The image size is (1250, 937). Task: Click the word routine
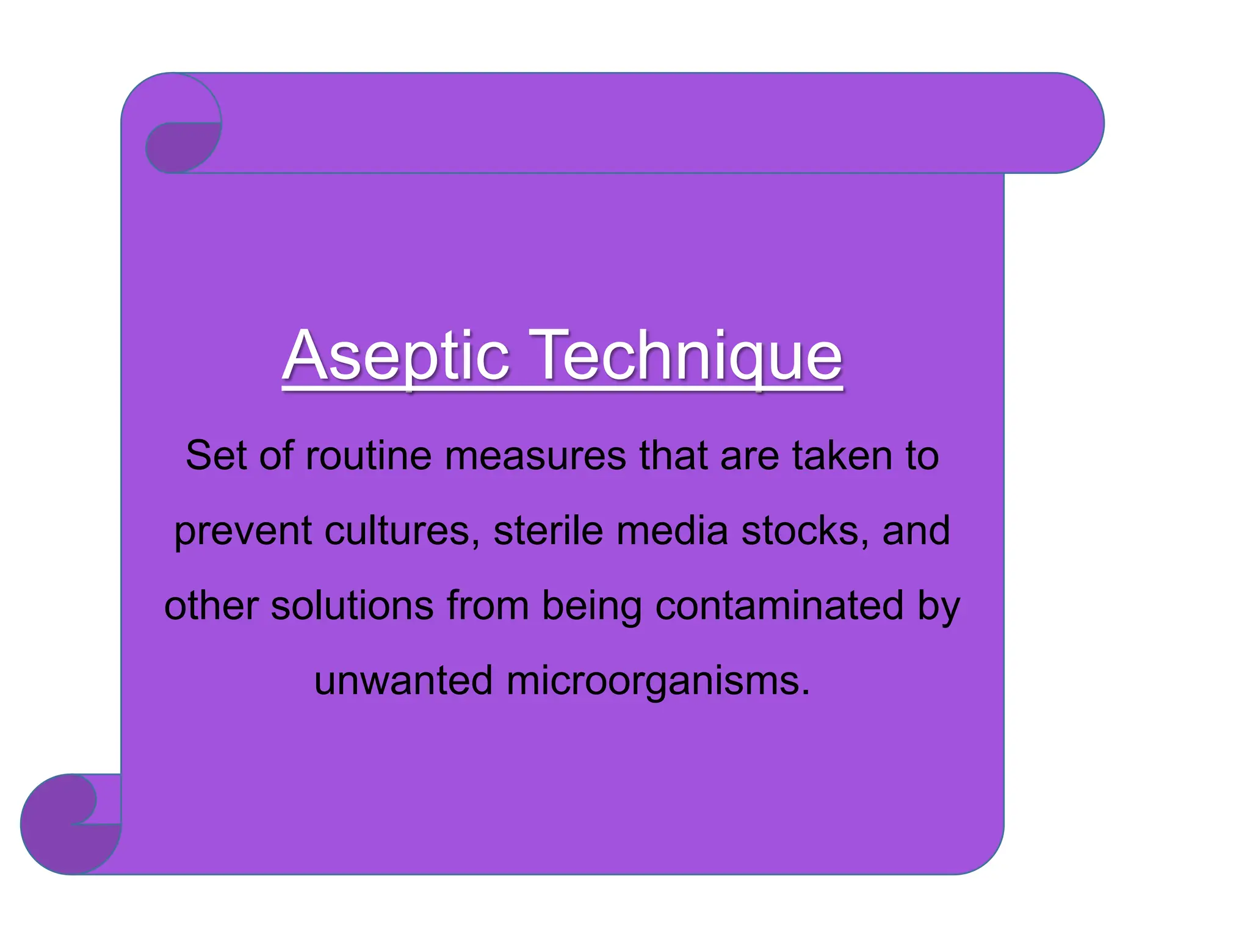tap(369, 456)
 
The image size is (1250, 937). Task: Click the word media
tap(672, 531)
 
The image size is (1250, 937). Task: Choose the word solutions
tap(352, 606)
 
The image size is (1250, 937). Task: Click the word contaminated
tap(779, 606)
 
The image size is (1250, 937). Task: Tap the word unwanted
tap(403, 681)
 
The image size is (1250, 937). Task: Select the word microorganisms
tap(658, 681)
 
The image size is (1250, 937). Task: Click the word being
tap(592, 607)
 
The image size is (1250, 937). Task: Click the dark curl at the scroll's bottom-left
tap(61, 836)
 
